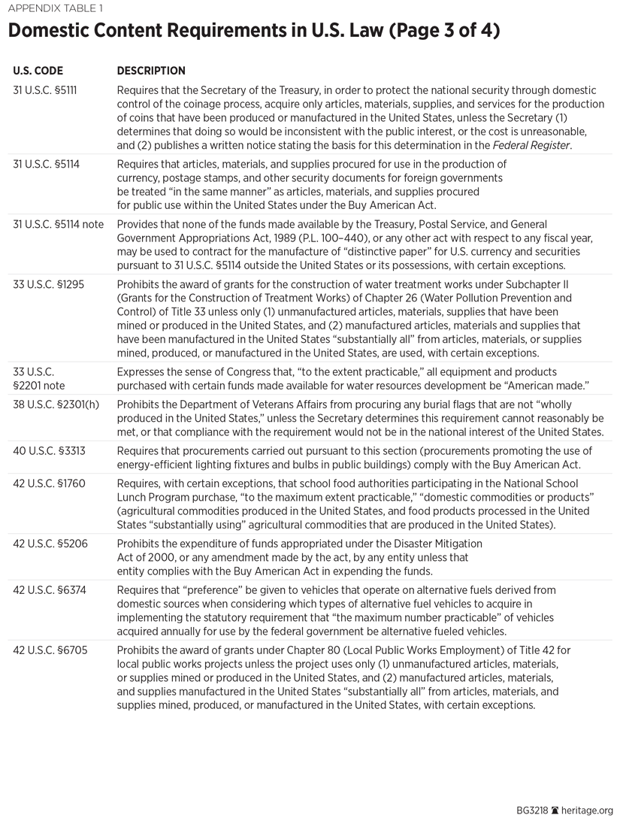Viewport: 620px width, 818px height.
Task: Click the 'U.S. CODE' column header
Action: (x=37, y=71)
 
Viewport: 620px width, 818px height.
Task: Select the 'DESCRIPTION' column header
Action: (x=151, y=71)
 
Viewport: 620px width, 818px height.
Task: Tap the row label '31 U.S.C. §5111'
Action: (x=45, y=90)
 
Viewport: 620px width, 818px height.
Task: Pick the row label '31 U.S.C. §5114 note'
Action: (x=59, y=224)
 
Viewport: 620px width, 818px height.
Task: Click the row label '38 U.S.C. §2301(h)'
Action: (x=54, y=405)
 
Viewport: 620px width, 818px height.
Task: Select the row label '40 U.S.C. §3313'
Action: (x=47, y=450)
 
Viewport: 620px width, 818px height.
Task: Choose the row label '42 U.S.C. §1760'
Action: (x=47, y=483)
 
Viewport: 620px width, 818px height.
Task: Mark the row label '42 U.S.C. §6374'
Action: (x=47, y=590)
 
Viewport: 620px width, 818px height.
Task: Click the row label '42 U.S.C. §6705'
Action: (x=47, y=650)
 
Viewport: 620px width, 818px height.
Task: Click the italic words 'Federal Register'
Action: (x=538, y=145)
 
